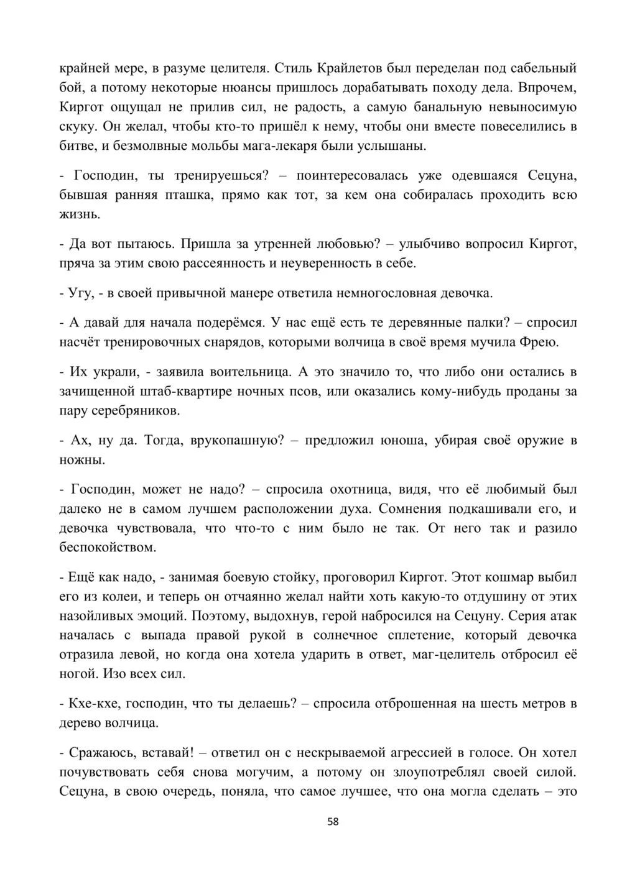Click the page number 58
(x=333, y=822)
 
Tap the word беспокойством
(x=115, y=548)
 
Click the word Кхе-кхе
(x=91, y=704)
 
